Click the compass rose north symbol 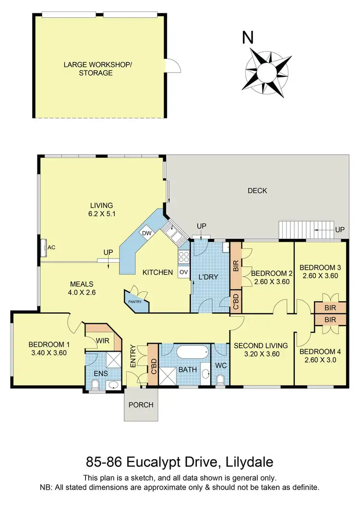[x=267, y=71]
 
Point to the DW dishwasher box [x=146, y=233]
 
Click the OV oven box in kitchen [x=183, y=272]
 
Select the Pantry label [x=134, y=301]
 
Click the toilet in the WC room [x=221, y=379]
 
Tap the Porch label [x=141, y=404]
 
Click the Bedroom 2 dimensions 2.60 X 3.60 [x=269, y=282]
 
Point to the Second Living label [x=260, y=345]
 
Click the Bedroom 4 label [x=321, y=351]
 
